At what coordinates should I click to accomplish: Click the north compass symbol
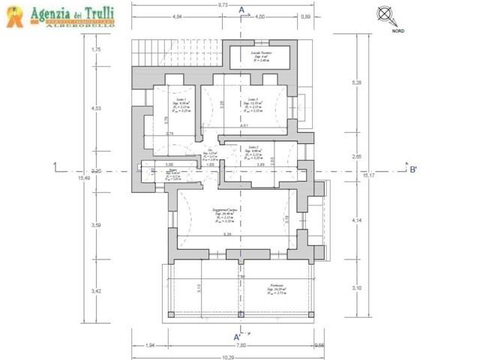click(385, 13)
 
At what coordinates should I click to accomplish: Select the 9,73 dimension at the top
click(223, 4)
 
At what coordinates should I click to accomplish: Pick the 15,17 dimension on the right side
click(368, 175)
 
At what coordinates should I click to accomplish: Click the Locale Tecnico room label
click(261, 52)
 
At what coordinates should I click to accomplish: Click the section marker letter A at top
click(241, 10)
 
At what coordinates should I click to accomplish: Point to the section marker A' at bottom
click(237, 337)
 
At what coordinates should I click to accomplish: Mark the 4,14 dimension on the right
click(357, 220)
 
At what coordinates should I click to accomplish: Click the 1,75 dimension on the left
click(95, 49)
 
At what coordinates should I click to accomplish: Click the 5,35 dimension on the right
click(357, 82)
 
